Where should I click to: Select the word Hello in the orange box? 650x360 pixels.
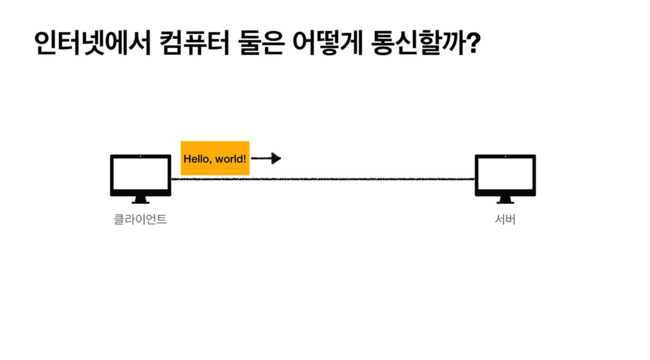click(x=194, y=159)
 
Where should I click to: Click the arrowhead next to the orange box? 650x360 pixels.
click(x=276, y=158)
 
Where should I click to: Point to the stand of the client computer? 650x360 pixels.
click(x=140, y=200)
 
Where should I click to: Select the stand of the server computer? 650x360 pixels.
click(x=505, y=200)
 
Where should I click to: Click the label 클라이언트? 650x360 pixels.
click(x=140, y=220)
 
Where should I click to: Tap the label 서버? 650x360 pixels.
click(x=505, y=220)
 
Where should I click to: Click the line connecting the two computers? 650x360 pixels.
click(x=323, y=179)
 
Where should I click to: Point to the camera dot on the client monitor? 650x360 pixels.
click(x=140, y=157)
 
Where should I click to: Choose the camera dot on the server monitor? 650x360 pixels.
click(x=505, y=157)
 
